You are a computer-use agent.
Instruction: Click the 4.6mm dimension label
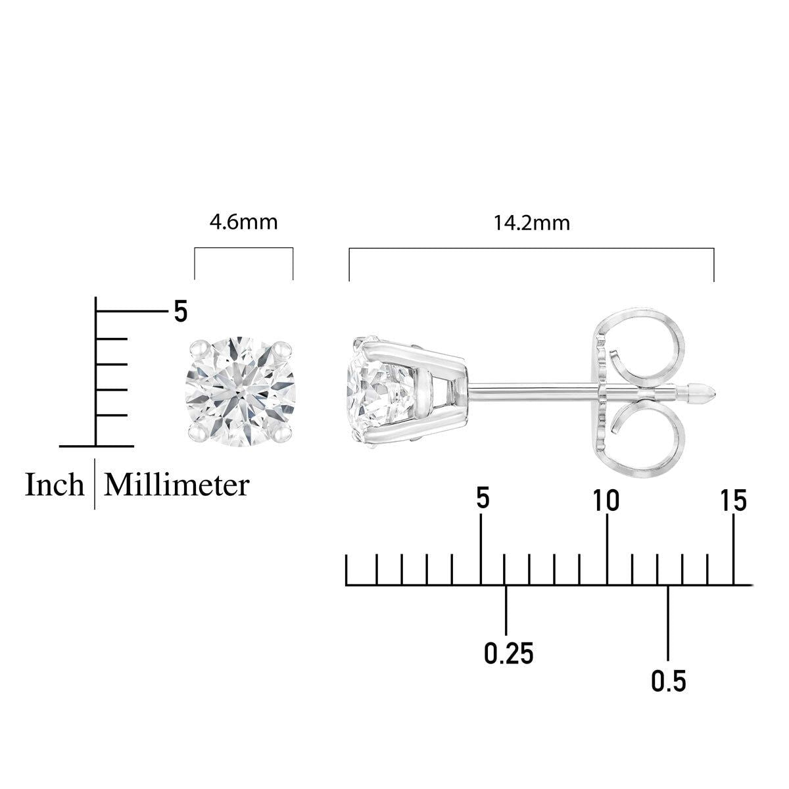243,222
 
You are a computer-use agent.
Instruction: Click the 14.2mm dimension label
532,223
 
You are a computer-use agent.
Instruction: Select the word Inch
55,485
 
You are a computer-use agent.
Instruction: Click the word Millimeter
177,485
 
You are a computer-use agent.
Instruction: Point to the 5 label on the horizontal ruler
483,499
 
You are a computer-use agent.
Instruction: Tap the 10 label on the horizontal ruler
606,501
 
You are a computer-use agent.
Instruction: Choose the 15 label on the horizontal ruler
734,502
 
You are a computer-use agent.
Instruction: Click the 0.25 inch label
508,654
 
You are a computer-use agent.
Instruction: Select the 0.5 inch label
669,681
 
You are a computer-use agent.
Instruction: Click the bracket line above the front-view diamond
243,249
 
